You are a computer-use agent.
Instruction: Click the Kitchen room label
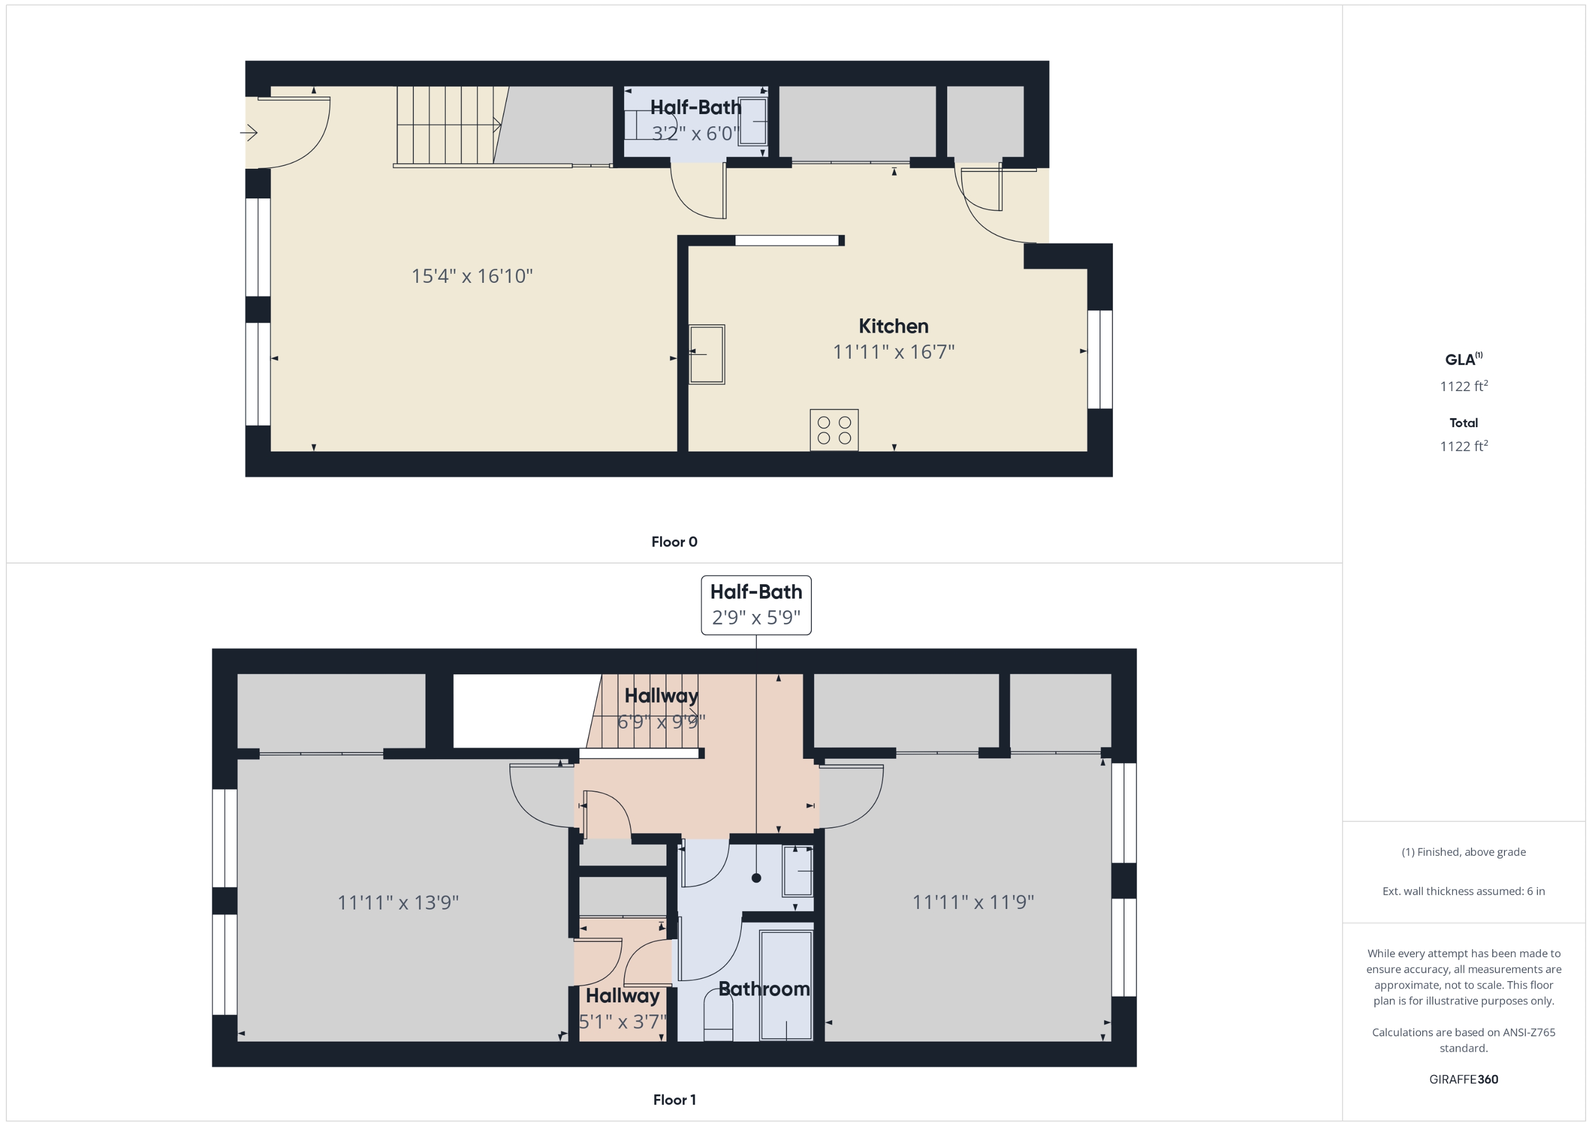click(x=893, y=326)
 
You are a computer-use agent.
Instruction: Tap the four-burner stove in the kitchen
click(x=834, y=430)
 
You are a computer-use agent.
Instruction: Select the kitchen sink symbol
click(x=706, y=354)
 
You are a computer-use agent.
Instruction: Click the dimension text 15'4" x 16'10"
click(x=472, y=276)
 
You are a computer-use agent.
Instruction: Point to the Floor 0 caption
click(x=674, y=541)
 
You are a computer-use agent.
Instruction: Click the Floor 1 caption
click(x=674, y=1099)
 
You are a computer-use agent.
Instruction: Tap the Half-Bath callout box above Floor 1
click(x=756, y=604)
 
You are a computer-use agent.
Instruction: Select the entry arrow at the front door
click(x=249, y=132)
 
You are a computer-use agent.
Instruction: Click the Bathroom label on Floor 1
click(x=764, y=989)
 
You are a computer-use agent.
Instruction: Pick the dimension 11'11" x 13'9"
click(x=398, y=902)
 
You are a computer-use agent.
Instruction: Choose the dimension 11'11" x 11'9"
click(x=973, y=902)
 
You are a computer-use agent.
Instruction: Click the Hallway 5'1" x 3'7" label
click(x=622, y=1008)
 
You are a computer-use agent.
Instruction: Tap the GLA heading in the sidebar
click(x=1463, y=359)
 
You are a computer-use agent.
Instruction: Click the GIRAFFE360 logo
click(x=1463, y=1079)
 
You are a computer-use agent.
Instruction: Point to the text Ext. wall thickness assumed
click(x=1463, y=891)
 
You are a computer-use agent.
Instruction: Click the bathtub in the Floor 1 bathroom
click(x=785, y=984)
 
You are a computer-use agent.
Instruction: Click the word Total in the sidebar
click(x=1463, y=422)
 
